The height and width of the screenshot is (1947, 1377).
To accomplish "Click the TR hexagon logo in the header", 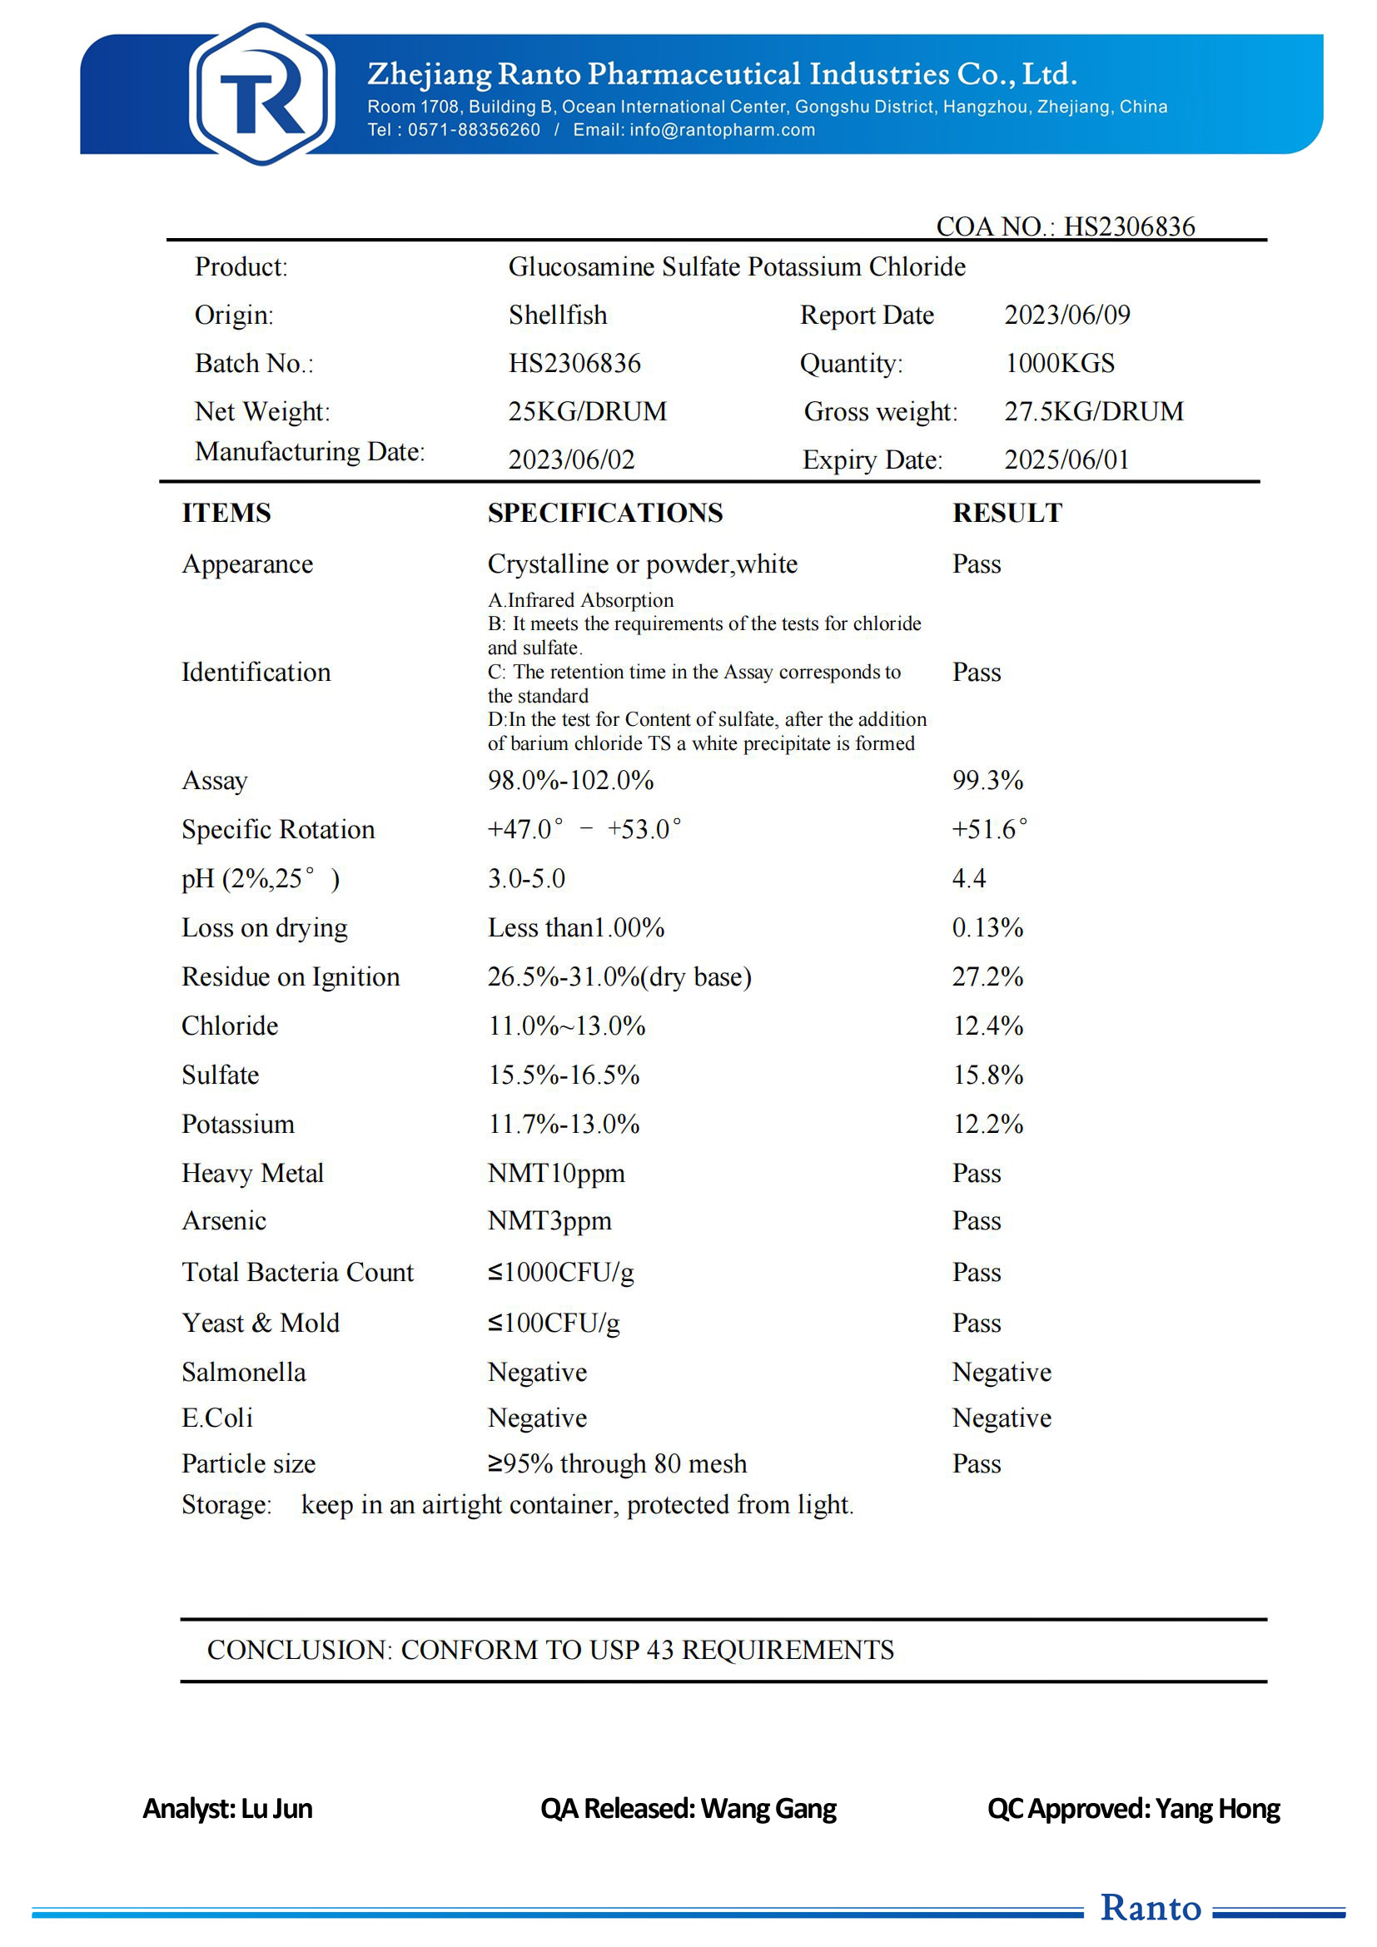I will (261, 94).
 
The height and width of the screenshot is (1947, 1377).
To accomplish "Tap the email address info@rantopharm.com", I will (722, 130).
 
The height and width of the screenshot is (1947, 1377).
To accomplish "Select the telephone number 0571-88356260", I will (474, 130).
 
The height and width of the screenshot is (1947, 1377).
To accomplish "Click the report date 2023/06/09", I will (1066, 315).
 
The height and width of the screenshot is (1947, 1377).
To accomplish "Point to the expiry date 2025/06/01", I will (1066, 459).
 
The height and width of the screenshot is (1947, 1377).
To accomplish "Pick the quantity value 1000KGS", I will (1059, 363).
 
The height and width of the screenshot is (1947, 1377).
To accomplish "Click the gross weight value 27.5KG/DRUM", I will (1094, 411).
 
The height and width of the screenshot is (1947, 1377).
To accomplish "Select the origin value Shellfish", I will (557, 315).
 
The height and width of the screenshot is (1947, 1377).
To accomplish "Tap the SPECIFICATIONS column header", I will (604, 513).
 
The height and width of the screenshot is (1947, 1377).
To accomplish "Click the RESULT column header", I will (1007, 513).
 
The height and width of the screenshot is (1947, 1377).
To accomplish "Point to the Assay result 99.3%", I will (987, 780).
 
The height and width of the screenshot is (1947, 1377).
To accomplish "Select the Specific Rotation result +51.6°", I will (989, 828).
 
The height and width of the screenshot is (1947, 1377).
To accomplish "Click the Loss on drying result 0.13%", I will (987, 927).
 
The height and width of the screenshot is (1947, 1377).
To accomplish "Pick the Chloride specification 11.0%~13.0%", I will (565, 1026).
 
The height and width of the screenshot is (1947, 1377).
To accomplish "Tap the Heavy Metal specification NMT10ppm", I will (555, 1174).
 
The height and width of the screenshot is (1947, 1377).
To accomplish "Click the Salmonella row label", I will (243, 1372).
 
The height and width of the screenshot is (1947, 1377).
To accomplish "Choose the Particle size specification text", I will (616, 1463).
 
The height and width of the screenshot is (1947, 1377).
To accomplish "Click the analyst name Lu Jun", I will (276, 1809).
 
